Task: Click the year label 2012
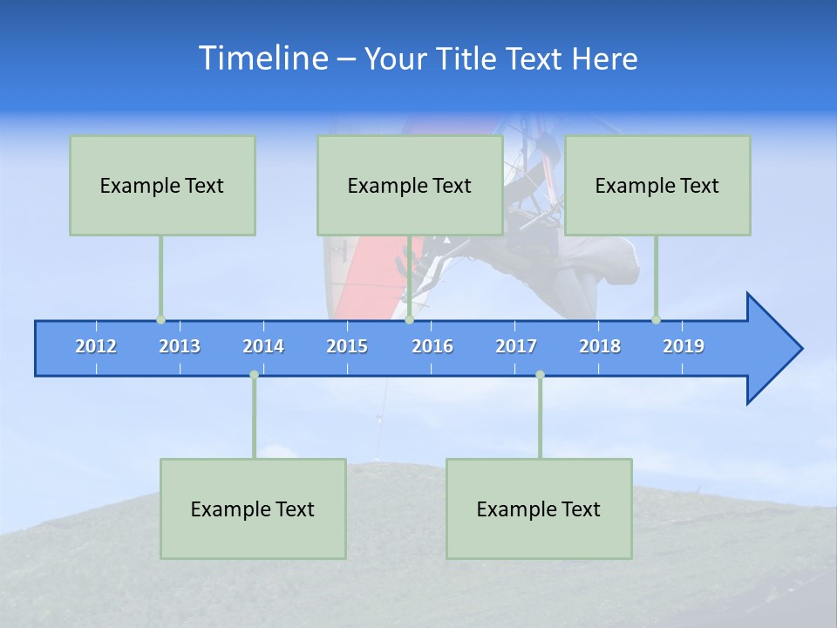tap(96, 346)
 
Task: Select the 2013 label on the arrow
tap(180, 346)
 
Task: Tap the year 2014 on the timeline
tap(263, 346)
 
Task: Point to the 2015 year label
tap(347, 346)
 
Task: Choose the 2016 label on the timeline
tap(432, 346)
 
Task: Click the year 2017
tap(516, 346)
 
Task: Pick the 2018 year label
tap(600, 346)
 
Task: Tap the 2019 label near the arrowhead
tap(684, 346)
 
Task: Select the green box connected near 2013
tap(162, 186)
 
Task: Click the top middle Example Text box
tap(410, 186)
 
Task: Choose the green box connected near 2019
tap(657, 186)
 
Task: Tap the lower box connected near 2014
tap(253, 509)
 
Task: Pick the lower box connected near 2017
tap(539, 509)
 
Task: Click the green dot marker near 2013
tap(160, 320)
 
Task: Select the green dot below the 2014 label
tap(254, 375)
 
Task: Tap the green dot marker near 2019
tap(656, 320)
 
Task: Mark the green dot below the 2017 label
tap(540, 375)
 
